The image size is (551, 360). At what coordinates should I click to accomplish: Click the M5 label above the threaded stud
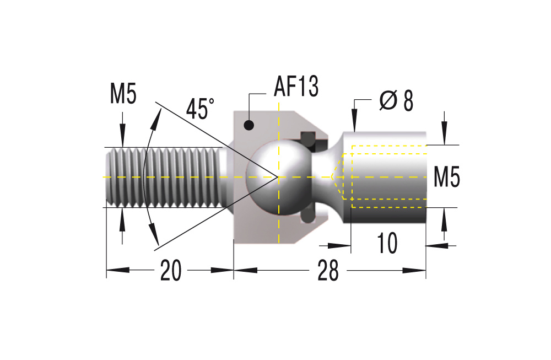pos(123,95)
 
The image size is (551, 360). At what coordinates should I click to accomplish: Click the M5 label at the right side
pos(446,177)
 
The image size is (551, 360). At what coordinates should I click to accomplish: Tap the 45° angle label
pos(200,109)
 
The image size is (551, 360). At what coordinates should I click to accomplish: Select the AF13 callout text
pos(296,87)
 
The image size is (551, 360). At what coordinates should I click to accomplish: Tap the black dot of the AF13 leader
pos(249,126)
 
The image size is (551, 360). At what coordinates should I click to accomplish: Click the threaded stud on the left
pos(165,177)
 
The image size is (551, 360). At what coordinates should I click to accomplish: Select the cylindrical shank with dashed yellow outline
pos(386,176)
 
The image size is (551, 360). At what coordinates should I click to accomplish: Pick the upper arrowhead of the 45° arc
pos(160,112)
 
